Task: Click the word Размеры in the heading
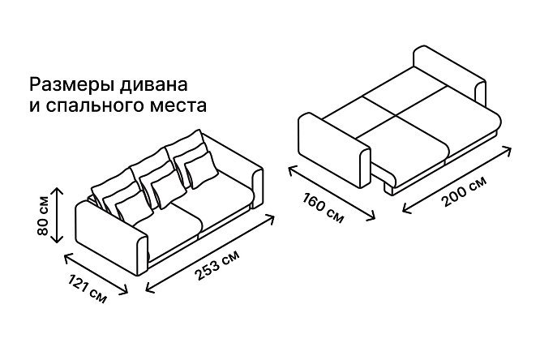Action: (72, 85)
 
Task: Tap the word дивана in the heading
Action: (153, 85)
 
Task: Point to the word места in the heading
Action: (178, 106)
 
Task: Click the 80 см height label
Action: (43, 216)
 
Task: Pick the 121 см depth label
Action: (87, 289)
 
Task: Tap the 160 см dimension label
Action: (323, 208)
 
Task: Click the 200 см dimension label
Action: (465, 191)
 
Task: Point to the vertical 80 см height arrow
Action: (57, 216)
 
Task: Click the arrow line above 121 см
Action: (96, 273)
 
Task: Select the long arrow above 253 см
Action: (210, 254)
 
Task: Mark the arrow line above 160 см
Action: (332, 192)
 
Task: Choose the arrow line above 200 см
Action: (456, 179)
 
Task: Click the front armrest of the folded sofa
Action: (112, 238)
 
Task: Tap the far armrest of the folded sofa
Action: (258, 188)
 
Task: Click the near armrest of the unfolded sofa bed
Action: (334, 151)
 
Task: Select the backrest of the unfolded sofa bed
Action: (450, 75)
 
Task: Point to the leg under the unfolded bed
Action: (389, 189)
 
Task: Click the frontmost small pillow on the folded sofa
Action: (134, 208)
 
